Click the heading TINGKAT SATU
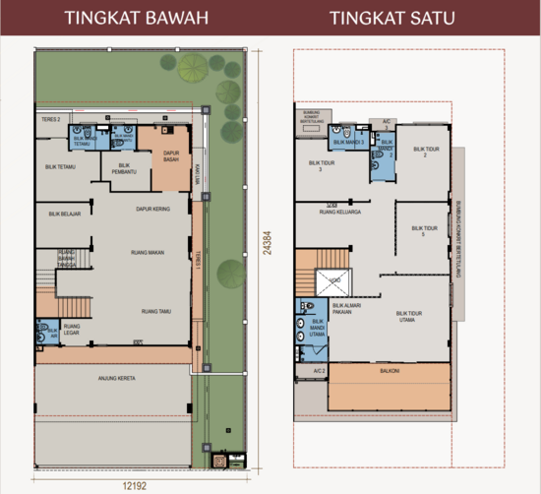click(x=391, y=18)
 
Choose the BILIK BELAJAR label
click(x=64, y=212)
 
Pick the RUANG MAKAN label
click(x=148, y=253)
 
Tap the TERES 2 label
click(x=50, y=119)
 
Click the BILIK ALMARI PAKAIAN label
click(x=345, y=308)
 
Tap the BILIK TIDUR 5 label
click(x=424, y=232)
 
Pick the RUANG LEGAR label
click(x=72, y=330)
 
